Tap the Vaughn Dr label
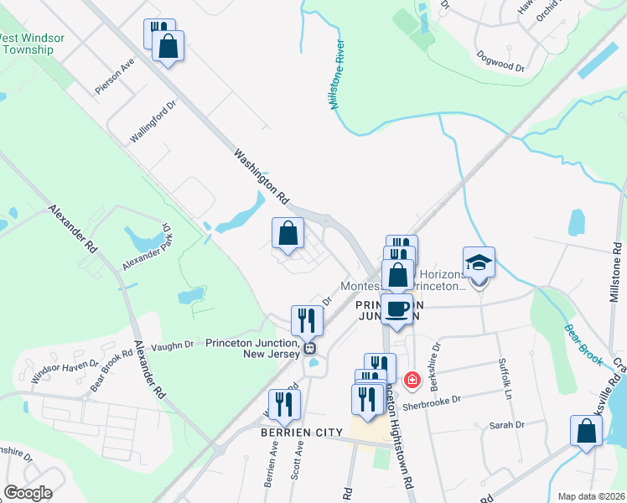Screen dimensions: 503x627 pos(173,344)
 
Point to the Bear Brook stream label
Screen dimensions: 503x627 pos(583,345)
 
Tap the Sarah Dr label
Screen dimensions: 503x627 pos(506,425)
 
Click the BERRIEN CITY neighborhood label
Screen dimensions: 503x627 pos(303,432)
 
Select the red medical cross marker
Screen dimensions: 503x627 pos(412,381)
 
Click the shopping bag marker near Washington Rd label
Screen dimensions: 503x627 pos(288,235)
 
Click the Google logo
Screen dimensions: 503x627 pos(28,493)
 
